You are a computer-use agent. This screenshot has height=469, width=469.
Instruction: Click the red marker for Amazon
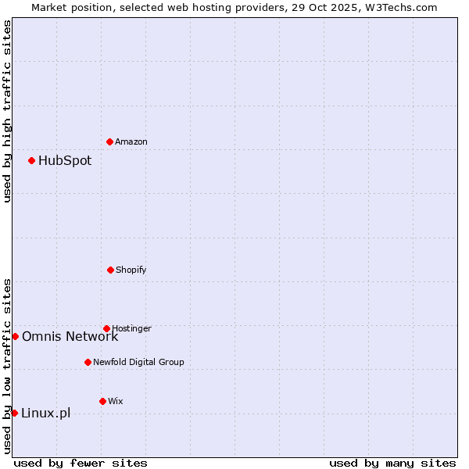click(109, 141)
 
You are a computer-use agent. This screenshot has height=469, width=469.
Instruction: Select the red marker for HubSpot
click(31, 160)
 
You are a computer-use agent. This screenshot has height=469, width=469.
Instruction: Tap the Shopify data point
click(110, 270)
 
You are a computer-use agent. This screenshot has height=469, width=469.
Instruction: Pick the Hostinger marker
click(106, 328)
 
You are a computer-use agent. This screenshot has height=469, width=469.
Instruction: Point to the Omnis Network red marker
click(15, 336)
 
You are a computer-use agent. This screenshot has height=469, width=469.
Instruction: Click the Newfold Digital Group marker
click(88, 362)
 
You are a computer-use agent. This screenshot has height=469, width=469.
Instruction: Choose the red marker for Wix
click(102, 401)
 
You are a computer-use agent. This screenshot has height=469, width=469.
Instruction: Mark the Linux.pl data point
click(14, 413)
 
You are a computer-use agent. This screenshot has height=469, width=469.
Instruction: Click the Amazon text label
click(131, 142)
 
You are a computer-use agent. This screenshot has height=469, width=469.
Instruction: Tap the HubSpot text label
click(65, 161)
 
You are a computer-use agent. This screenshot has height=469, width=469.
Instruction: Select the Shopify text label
click(131, 270)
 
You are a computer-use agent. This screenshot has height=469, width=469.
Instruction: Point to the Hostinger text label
click(131, 328)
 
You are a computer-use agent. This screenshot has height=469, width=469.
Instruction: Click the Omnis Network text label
click(70, 337)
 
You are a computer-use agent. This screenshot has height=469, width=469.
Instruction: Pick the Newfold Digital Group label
click(138, 363)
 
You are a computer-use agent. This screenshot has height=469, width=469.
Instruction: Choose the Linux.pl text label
click(45, 414)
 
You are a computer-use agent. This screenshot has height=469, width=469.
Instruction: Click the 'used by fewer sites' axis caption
click(81, 463)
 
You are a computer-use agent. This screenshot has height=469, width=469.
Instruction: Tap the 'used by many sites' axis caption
click(392, 463)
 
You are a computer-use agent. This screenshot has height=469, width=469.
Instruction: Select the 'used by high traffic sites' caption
click(7, 111)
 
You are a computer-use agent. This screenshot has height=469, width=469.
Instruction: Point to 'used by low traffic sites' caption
click(7, 365)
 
